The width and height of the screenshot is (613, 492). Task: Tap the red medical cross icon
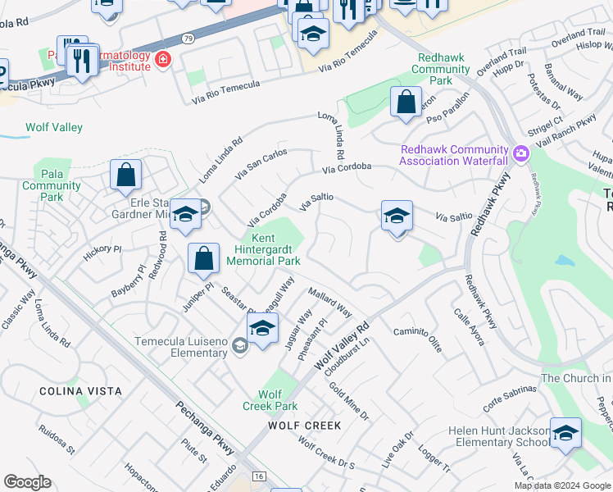(162, 59)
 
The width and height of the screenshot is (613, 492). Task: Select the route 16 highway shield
(259, 475)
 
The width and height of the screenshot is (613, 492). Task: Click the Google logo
(27, 482)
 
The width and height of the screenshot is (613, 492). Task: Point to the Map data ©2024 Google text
(562, 485)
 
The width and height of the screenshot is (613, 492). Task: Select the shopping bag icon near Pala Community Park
(125, 175)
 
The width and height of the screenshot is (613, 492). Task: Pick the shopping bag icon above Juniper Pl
(203, 258)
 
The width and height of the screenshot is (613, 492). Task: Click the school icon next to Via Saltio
(397, 216)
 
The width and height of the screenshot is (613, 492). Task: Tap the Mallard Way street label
(330, 303)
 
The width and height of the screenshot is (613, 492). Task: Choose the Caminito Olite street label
(417, 337)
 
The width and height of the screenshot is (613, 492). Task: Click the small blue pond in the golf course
(564, 262)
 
